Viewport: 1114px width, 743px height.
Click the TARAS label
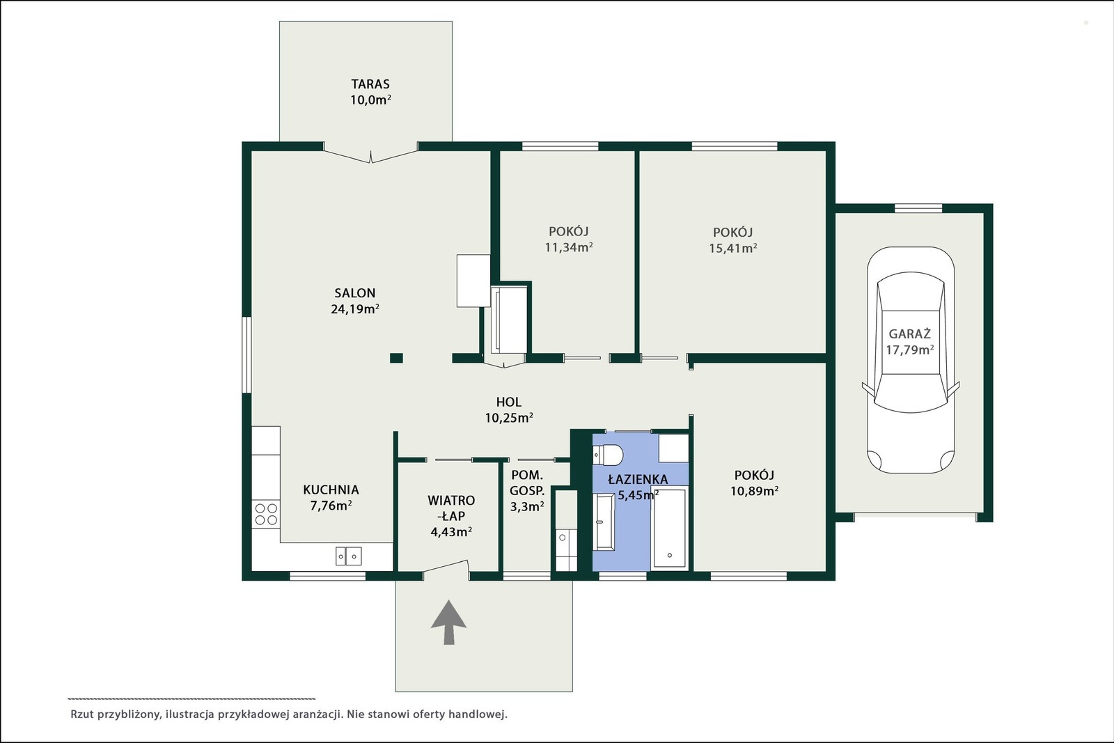(370, 84)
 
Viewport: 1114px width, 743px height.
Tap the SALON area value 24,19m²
(355, 309)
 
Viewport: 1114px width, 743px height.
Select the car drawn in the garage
(911, 359)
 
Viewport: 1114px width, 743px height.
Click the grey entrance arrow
(448, 622)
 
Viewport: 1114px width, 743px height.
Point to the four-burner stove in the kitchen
(266, 514)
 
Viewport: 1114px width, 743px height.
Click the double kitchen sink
(348, 556)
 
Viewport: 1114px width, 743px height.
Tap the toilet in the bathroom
(608, 455)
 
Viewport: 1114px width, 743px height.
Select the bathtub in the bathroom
(669, 528)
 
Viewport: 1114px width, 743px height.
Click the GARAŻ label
(909, 334)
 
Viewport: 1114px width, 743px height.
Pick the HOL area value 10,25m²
(509, 418)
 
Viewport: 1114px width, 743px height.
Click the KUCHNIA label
(331, 490)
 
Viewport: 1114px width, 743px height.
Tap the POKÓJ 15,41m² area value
(733, 248)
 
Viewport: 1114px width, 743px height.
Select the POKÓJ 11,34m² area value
(569, 247)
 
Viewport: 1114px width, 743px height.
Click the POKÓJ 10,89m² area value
(755, 491)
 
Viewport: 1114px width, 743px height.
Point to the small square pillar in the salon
(396, 358)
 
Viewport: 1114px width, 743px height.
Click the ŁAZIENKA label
(638, 479)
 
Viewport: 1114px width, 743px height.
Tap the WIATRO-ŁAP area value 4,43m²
(451, 531)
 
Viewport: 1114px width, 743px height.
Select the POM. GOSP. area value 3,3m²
(527, 506)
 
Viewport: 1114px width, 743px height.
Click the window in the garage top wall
(918, 208)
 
